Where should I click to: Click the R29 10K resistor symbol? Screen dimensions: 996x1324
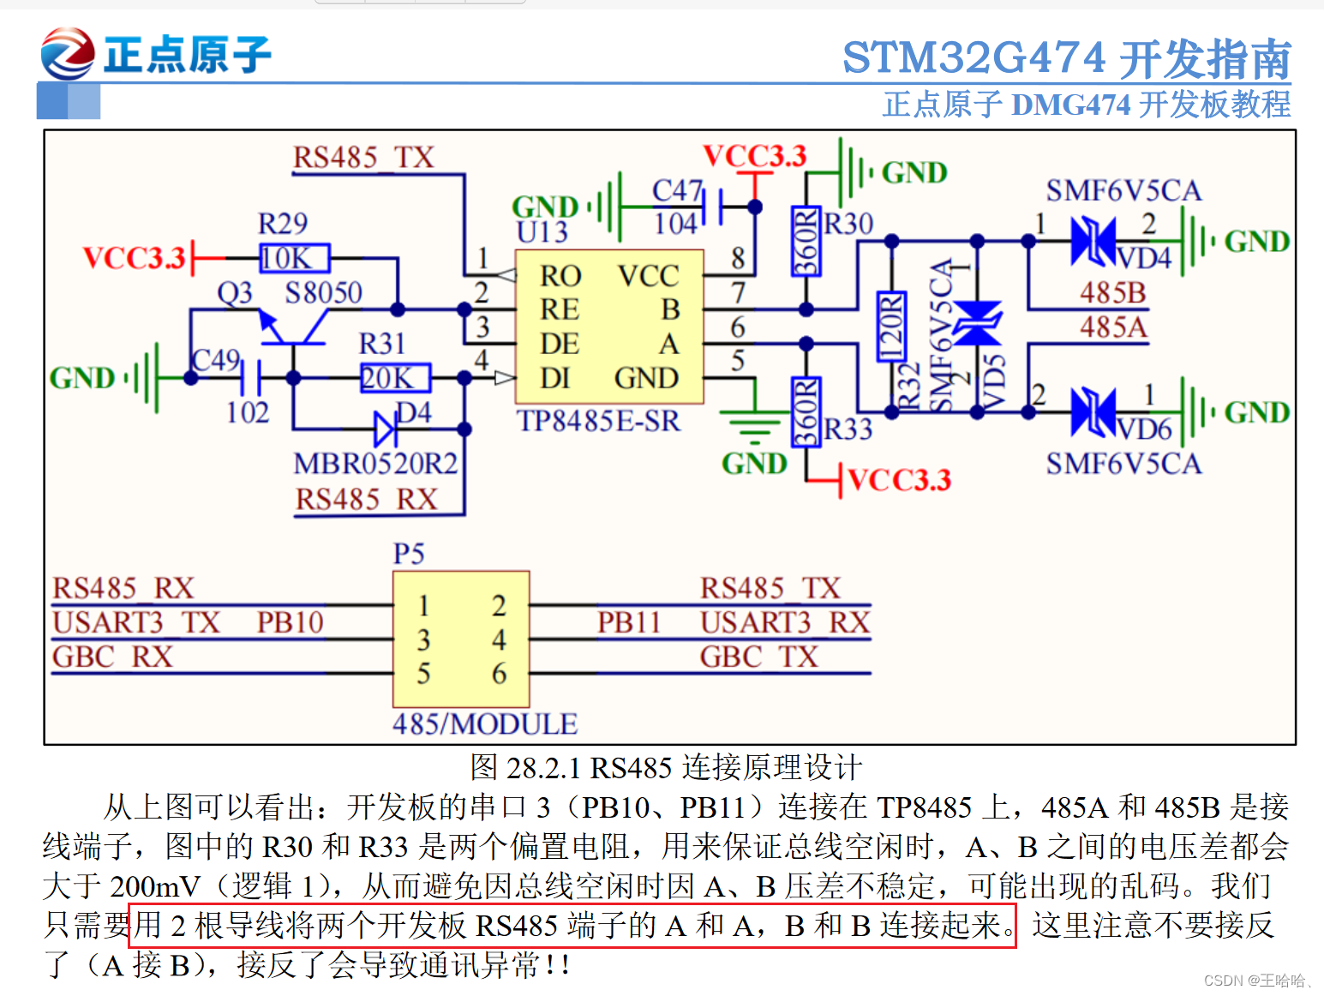click(294, 258)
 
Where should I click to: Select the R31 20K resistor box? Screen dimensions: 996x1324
click(394, 378)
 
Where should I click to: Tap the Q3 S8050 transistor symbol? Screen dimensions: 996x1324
click(291, 330)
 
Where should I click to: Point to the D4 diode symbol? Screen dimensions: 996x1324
click(385, 429)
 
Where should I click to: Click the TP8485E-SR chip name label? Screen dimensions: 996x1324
click(598, 422)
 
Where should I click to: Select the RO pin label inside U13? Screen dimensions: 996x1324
click(560, 276)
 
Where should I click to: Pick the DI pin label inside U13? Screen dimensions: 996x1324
click(555, 378)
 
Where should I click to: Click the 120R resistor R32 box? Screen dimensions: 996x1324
click(891, 327)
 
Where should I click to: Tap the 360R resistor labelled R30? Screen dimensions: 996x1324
click(806, 242)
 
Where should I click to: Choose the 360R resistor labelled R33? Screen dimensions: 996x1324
click(806, 412)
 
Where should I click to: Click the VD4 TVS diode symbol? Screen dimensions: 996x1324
click(1093, 241)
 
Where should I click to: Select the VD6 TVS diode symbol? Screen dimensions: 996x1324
click(1093, 412)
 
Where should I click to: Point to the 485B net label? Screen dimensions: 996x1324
click(1112, 293)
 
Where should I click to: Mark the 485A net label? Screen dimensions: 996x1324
click(1112, 327)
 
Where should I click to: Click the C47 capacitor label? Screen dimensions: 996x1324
click(677, 190)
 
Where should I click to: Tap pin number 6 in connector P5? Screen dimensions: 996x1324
click(499, 674)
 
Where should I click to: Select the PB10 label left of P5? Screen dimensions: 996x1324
click(290, 622)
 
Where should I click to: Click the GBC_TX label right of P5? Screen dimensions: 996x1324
click(758, 657)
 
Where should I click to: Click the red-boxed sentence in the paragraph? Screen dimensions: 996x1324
click(572, 926)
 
